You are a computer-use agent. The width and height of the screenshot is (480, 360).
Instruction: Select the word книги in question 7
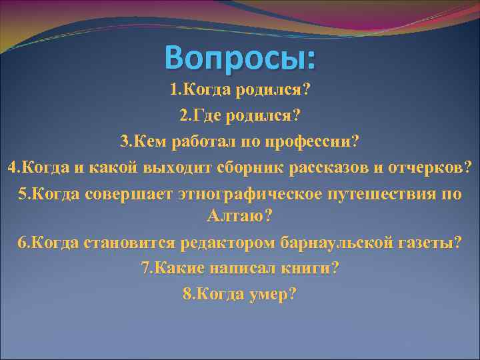[313, 267]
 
